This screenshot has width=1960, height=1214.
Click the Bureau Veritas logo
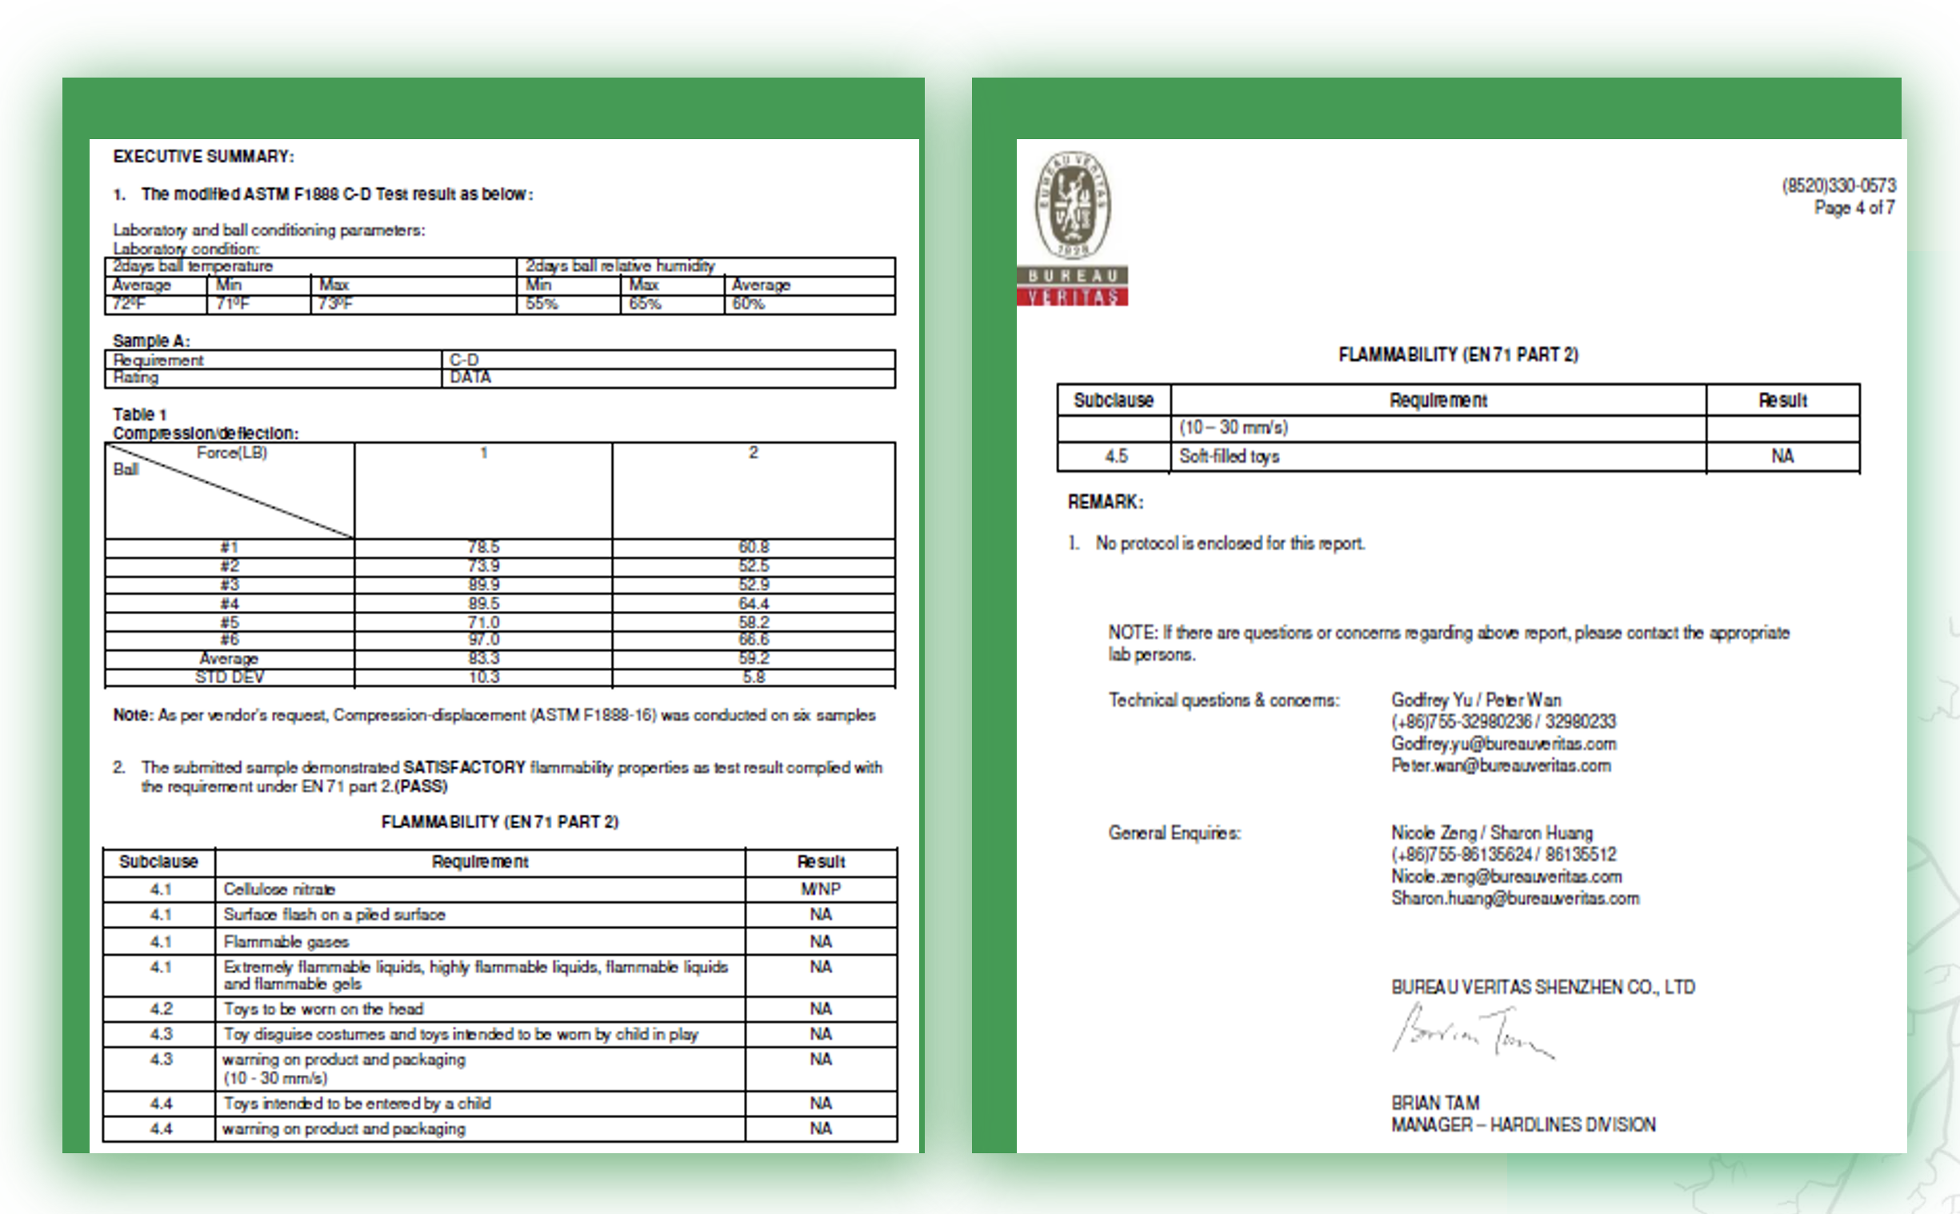point(1072,228)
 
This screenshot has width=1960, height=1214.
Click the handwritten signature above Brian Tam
point(1471,1031)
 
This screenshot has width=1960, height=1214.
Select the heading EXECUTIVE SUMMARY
point(203,157)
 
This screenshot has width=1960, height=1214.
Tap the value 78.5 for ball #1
point(483,547)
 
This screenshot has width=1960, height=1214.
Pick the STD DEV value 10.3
point(483,677)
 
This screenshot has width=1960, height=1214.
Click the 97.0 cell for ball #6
point(483,639)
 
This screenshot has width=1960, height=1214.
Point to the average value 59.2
point(753,658)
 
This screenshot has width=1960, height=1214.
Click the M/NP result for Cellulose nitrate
point(820,889)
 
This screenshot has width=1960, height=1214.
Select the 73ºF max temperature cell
point(336,304)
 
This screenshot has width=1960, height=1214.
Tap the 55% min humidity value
point(542,304)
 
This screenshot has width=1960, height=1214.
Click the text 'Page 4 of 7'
point(1854,208)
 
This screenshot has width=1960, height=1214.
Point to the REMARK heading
point(1105,501)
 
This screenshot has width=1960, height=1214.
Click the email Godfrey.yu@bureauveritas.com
point(1503,744)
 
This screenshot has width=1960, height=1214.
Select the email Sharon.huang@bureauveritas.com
point(1514,898)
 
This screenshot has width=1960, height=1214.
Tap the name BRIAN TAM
point(1435,1102)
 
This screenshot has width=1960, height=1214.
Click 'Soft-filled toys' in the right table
point(1229,456)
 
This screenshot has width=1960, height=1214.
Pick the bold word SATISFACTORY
point(464,767)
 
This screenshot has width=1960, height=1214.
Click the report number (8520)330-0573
point(1838,186)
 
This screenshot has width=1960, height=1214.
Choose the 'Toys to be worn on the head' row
point(323,1008)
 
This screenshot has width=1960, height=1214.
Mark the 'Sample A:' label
point(151,341)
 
